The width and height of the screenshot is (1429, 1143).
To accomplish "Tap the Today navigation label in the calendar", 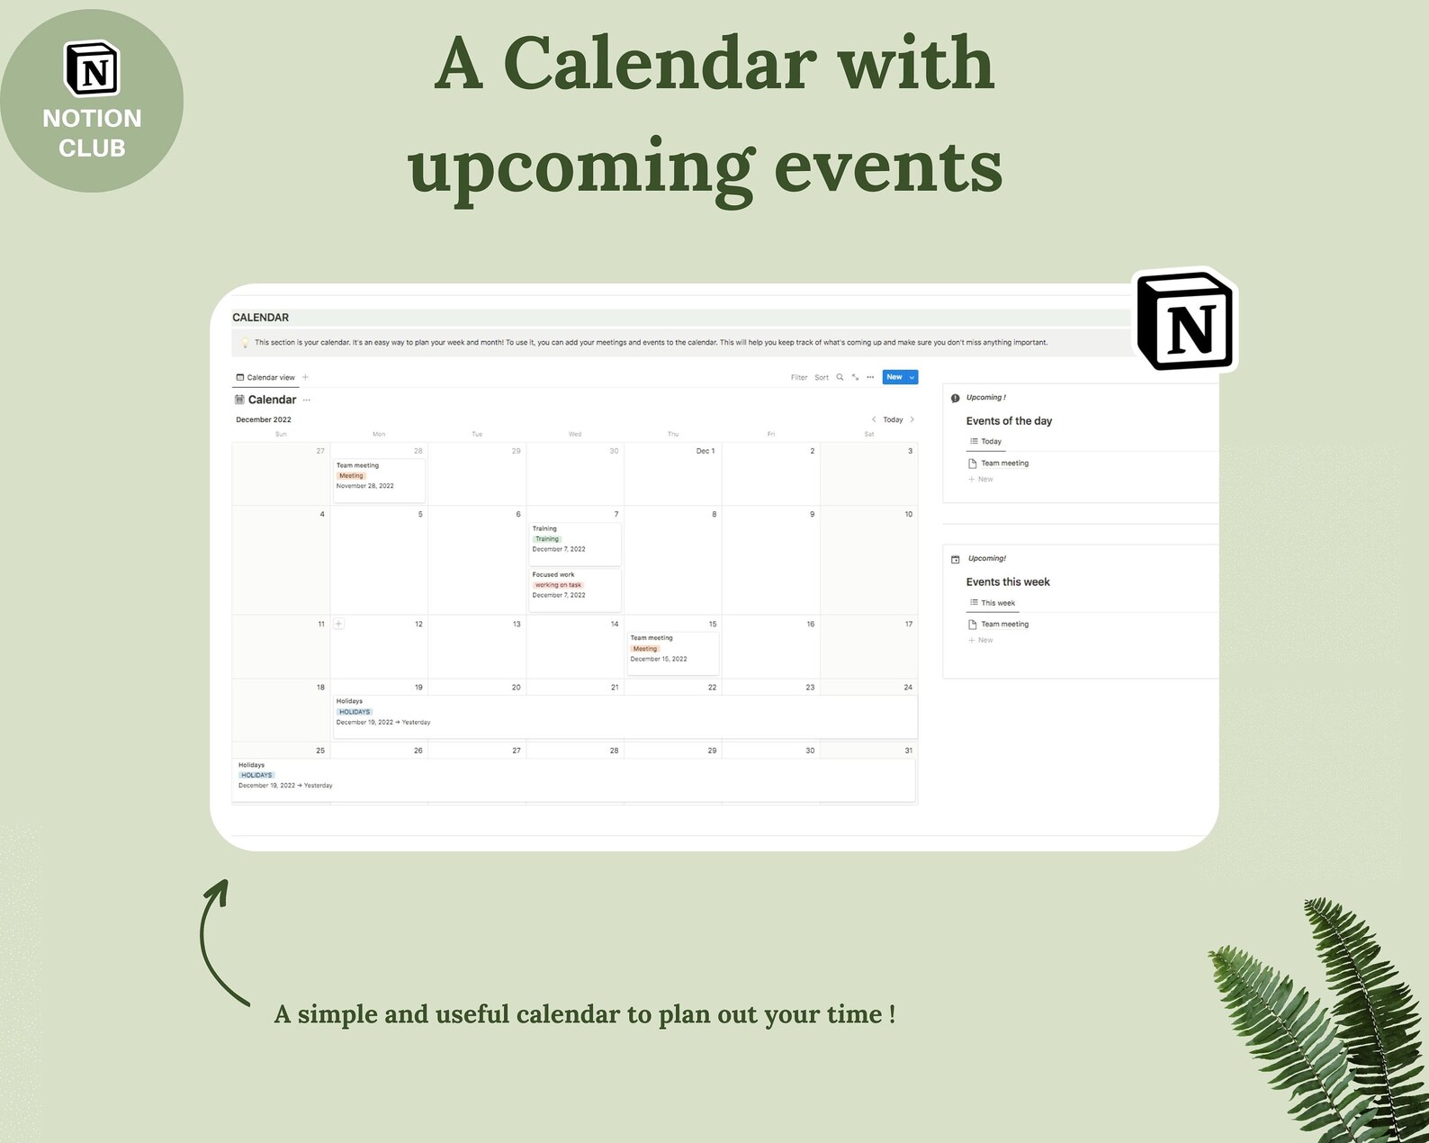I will pyautogui.click(x=893, y=419).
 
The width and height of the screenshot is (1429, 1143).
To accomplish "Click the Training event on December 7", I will pyautogui.click(x=575, y=539).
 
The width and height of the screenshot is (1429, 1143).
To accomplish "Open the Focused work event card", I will pyautogui.click(x=575, y=585).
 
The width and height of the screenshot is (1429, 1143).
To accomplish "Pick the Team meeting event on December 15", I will pyautogui.click(x=672, y=648).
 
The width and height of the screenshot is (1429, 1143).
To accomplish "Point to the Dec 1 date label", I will pyautogui.click(x=706, y=451).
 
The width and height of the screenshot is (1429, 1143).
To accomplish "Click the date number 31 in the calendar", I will pyautogui.click(x=908, y=750).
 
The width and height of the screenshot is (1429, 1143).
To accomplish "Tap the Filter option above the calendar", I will pyautogui.click(x=799, y=377).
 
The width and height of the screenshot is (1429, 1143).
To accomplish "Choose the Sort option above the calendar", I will pyautogui.click(x=822, y=377).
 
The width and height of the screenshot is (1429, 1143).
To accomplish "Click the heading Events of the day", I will pyautogui.click(x=1009, y=421).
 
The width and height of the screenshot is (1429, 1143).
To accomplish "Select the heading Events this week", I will pyautogui.click(x=1008, y=582).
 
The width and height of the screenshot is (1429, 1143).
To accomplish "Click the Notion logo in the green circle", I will pyautogui.click(x=92, y=69).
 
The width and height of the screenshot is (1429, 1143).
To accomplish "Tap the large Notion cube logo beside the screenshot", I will pyautogui.click(x=1185, y=321).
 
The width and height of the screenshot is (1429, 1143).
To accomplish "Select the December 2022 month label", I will pyautogui.click(x=264, y=419).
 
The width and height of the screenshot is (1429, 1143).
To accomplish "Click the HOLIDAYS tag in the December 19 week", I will pyautogui.click(x=355, y=712).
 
